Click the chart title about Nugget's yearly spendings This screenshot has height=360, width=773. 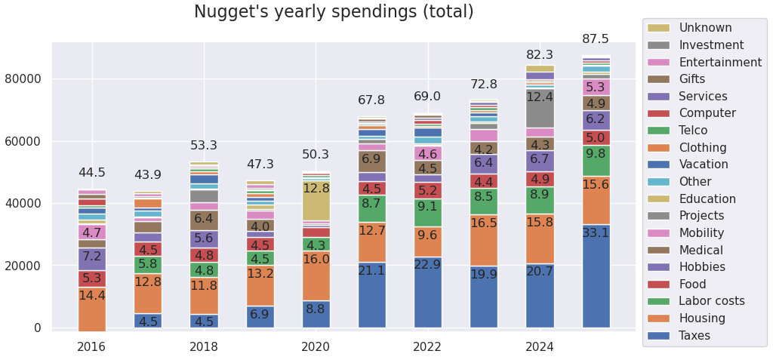[334, 12]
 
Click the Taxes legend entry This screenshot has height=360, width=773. [694, 336]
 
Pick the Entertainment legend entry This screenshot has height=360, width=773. [719, 62]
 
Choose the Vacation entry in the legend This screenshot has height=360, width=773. [702, 165]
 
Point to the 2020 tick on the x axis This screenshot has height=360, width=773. [315, 347]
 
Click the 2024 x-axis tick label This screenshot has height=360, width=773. [539, 347]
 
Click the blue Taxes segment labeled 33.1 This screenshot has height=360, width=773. [596, 275]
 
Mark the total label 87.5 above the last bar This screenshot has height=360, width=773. [596, 39]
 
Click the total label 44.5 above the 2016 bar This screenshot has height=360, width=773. [92, 173]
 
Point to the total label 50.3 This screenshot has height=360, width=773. [316, 155]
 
